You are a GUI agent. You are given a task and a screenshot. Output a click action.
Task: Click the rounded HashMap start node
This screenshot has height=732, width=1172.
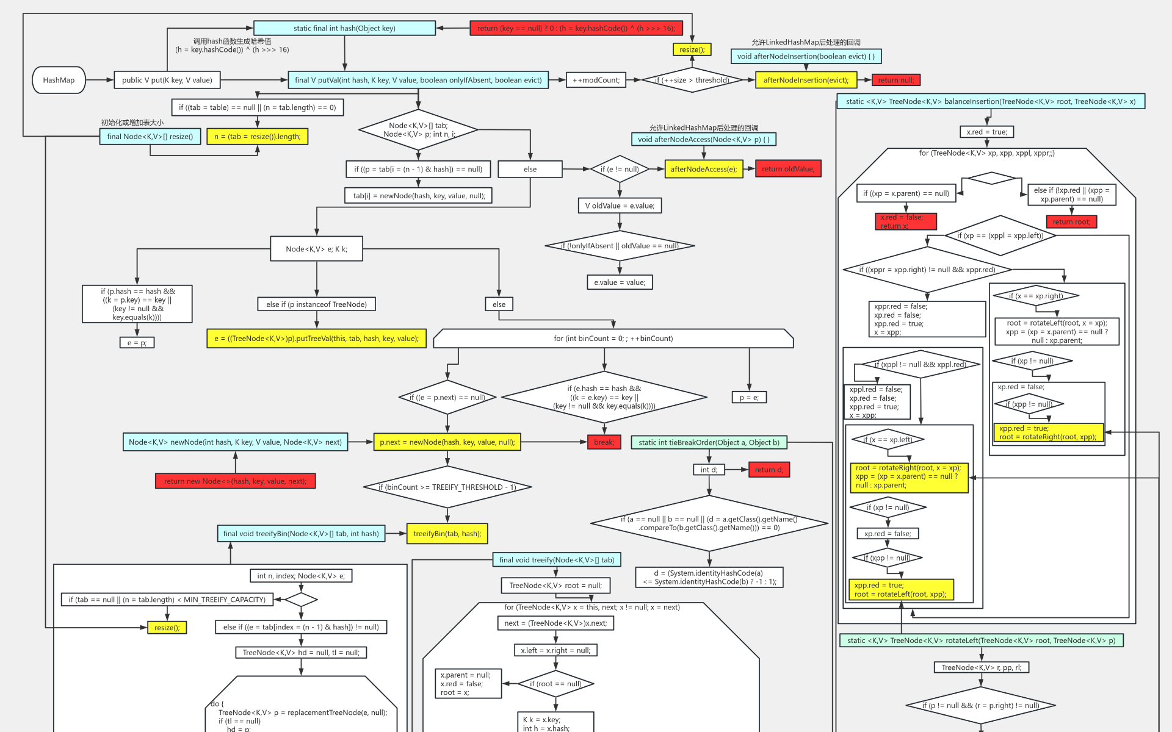click(59, 80)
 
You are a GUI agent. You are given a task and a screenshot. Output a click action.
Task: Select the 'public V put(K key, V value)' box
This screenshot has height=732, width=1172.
click(167, 80)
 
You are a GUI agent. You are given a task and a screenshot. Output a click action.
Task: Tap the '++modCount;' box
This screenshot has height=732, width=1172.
click(596, 80)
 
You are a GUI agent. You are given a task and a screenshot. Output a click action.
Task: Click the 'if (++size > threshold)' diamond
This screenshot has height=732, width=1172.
click(692, 80)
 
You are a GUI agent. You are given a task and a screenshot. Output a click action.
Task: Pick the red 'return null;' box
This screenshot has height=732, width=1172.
click(895, 80)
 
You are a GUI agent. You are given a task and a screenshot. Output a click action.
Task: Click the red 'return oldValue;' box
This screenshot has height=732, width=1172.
click(787, 169)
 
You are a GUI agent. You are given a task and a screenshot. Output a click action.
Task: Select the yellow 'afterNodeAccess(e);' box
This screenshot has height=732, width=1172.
click(703, 169)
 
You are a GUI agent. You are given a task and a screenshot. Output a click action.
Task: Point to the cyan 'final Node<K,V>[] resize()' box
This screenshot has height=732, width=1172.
click(150, 137)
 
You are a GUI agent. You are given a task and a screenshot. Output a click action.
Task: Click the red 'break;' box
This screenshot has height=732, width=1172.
click(604, 442)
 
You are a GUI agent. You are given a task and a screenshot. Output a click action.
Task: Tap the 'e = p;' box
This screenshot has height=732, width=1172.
click(137, 343)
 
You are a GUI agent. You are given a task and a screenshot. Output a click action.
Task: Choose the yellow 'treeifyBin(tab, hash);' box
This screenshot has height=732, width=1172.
click(447, 534)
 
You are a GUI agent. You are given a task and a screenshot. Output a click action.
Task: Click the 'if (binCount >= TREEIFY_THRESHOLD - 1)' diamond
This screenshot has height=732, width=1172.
click(447, 487)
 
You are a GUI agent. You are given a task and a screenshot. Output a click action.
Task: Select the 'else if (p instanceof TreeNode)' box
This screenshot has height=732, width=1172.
click(316, 304)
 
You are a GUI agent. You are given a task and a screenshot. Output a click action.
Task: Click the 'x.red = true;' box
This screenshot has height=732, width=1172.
click(986, 132)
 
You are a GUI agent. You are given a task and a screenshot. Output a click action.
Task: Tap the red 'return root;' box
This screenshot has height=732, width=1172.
click(1071, 222)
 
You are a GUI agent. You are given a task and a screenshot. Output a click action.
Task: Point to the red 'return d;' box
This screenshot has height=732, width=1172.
click(769, 470)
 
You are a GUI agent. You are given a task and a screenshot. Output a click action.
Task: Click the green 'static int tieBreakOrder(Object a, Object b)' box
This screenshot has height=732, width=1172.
click(709, 442)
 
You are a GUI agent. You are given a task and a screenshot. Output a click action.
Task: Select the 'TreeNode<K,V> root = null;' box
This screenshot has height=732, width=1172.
click(555, 586)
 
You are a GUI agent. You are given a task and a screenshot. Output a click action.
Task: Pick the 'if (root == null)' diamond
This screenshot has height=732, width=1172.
click(555, 684)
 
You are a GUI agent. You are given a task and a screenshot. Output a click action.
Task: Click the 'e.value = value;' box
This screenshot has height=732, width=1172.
click(619, 282)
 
